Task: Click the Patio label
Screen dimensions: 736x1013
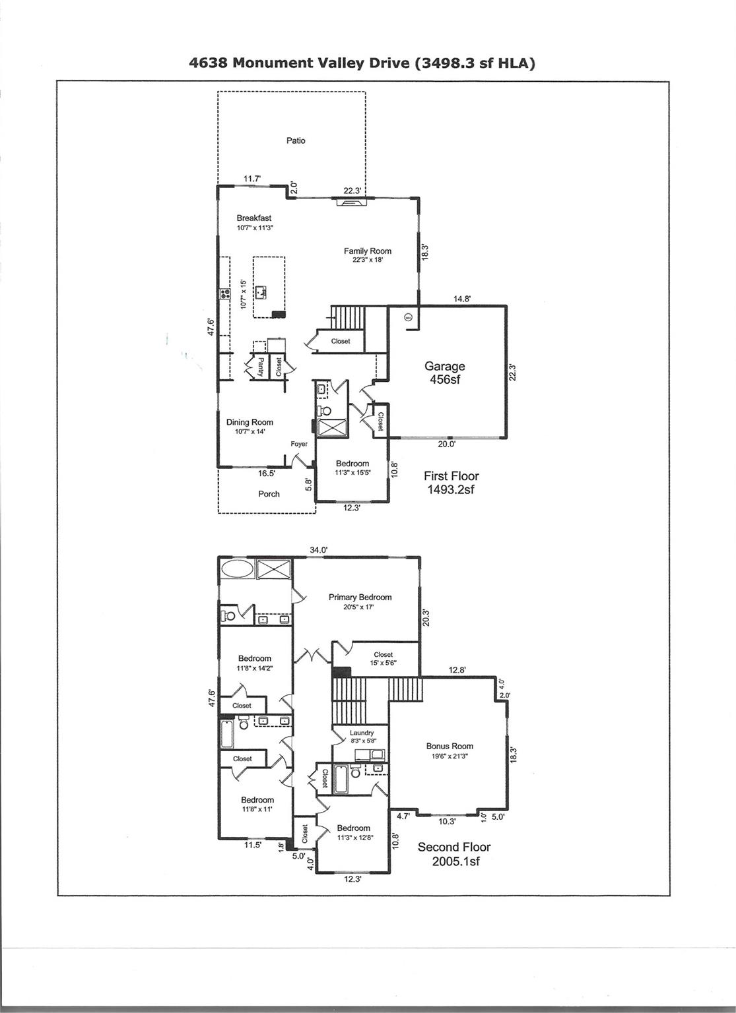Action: pyautogui.click(x=296, y=140)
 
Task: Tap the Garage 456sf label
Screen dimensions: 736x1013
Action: pyautogui.click(x=444, y=373)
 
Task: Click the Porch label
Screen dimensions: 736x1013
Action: pyautogui.click(x=269, y=494)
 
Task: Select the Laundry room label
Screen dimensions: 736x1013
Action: pyautogui.click(x=362, y=733)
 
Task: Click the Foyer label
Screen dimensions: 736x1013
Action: pyautogui.click(x=299, y=444)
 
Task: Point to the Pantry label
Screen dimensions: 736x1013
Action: pyautogui.click(x=260, y=367)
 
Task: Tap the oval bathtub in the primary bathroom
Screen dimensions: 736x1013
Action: pyautogui.click(x=237, y=568)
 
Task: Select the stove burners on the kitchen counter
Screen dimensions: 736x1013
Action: pyautogui.click(x=224, y=294)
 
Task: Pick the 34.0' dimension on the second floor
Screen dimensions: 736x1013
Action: pyautogui.click(x=319, y=550)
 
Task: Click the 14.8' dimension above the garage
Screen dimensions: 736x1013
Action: pyautogui.click(x=462, y=299)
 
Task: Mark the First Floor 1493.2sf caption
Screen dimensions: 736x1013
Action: pyautogui.click(x=452, y=483)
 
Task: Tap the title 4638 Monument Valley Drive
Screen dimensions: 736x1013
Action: pyautogui.click(x=299, y=63)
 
